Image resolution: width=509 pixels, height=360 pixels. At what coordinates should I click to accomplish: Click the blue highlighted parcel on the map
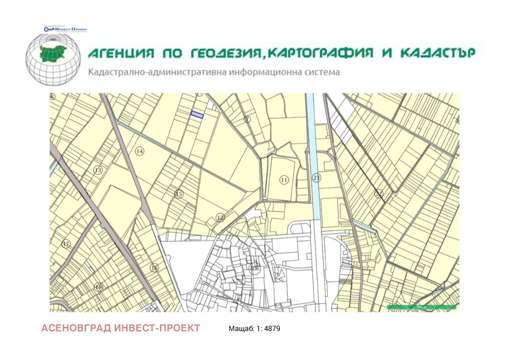197,114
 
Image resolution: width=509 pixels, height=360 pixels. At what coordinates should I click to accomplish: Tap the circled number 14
140,151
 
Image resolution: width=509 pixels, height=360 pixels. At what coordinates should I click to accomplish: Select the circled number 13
98,170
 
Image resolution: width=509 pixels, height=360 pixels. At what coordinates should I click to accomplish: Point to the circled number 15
179,194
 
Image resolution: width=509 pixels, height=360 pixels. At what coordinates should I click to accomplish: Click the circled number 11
284,180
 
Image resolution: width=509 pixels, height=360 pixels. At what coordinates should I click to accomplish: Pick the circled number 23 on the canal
316,177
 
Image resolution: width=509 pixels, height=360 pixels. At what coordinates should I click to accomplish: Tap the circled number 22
379,193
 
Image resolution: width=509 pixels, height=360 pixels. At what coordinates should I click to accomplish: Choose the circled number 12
220,218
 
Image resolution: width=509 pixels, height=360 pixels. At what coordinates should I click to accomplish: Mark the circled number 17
66,244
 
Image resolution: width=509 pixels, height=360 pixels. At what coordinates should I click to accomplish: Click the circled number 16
154,267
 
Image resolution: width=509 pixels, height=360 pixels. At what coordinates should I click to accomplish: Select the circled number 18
99,287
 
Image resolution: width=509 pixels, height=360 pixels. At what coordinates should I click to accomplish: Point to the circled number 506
255,268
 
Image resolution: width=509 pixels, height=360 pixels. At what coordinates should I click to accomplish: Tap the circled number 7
247,119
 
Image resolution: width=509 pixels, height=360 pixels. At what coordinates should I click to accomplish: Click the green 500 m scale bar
422,307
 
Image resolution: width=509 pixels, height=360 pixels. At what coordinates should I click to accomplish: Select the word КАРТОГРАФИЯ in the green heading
320,53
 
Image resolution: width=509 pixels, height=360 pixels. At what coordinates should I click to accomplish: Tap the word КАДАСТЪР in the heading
438,53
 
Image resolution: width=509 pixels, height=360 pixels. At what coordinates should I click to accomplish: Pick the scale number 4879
272,329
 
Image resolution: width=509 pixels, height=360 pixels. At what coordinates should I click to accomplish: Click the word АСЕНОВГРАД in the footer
76,328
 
